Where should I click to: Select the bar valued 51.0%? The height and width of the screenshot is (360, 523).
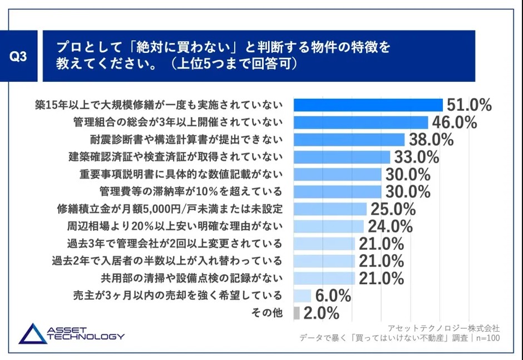(x=368, y=105)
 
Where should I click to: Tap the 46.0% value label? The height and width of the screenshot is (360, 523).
(x=454, y=122)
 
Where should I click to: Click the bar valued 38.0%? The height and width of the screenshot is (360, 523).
(x=349, y=140)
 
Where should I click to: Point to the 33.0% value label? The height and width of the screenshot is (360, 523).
(x=417, y=157)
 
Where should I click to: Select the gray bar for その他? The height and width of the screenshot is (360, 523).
(x=296, y=313)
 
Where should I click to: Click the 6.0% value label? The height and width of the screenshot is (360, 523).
(x=332, y=295)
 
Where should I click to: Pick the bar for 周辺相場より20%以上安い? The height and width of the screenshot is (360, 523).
(x=328, y=226)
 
